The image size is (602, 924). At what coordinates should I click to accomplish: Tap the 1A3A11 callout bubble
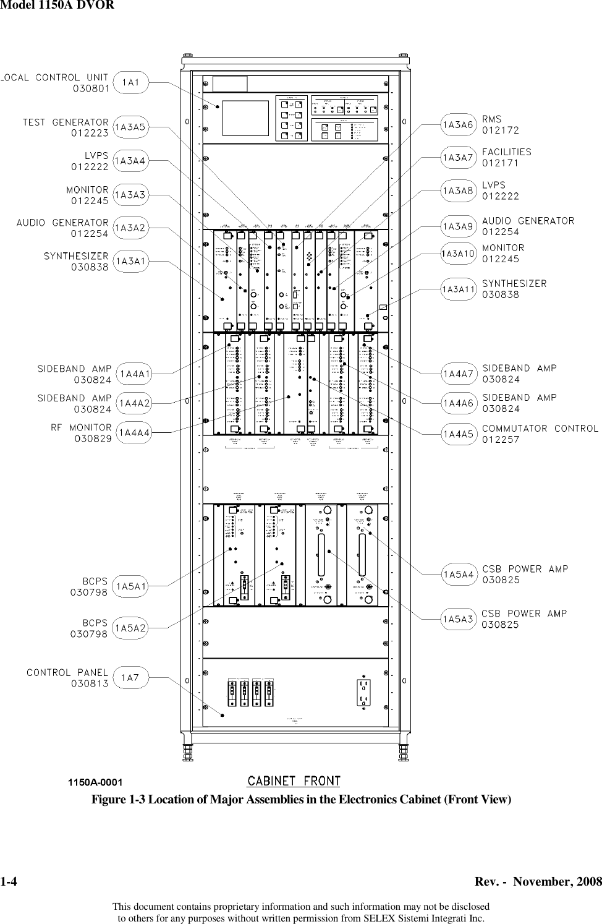pyautogui.click(x=459, y=289)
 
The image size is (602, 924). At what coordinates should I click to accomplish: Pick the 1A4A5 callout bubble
pyautogui.click(x=459, y=434)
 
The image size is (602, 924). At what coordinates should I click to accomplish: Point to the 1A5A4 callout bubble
pyautogui.click(x=459, y=575)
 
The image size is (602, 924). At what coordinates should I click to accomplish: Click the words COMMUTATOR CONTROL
pyautogui.click(x=540, y=428)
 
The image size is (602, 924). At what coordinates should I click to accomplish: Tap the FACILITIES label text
pyautogui.click(x=507, y=152)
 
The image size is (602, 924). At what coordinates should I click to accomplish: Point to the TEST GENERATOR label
pyautogui.click(x=66, y=122)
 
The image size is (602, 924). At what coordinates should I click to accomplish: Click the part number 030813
pyautogui.click(x=90, y=683)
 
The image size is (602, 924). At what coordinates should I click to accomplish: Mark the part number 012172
pyautogui.click(x=501, y=130)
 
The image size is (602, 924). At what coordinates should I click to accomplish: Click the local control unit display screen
pyautogui.click(x=245, y=118)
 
